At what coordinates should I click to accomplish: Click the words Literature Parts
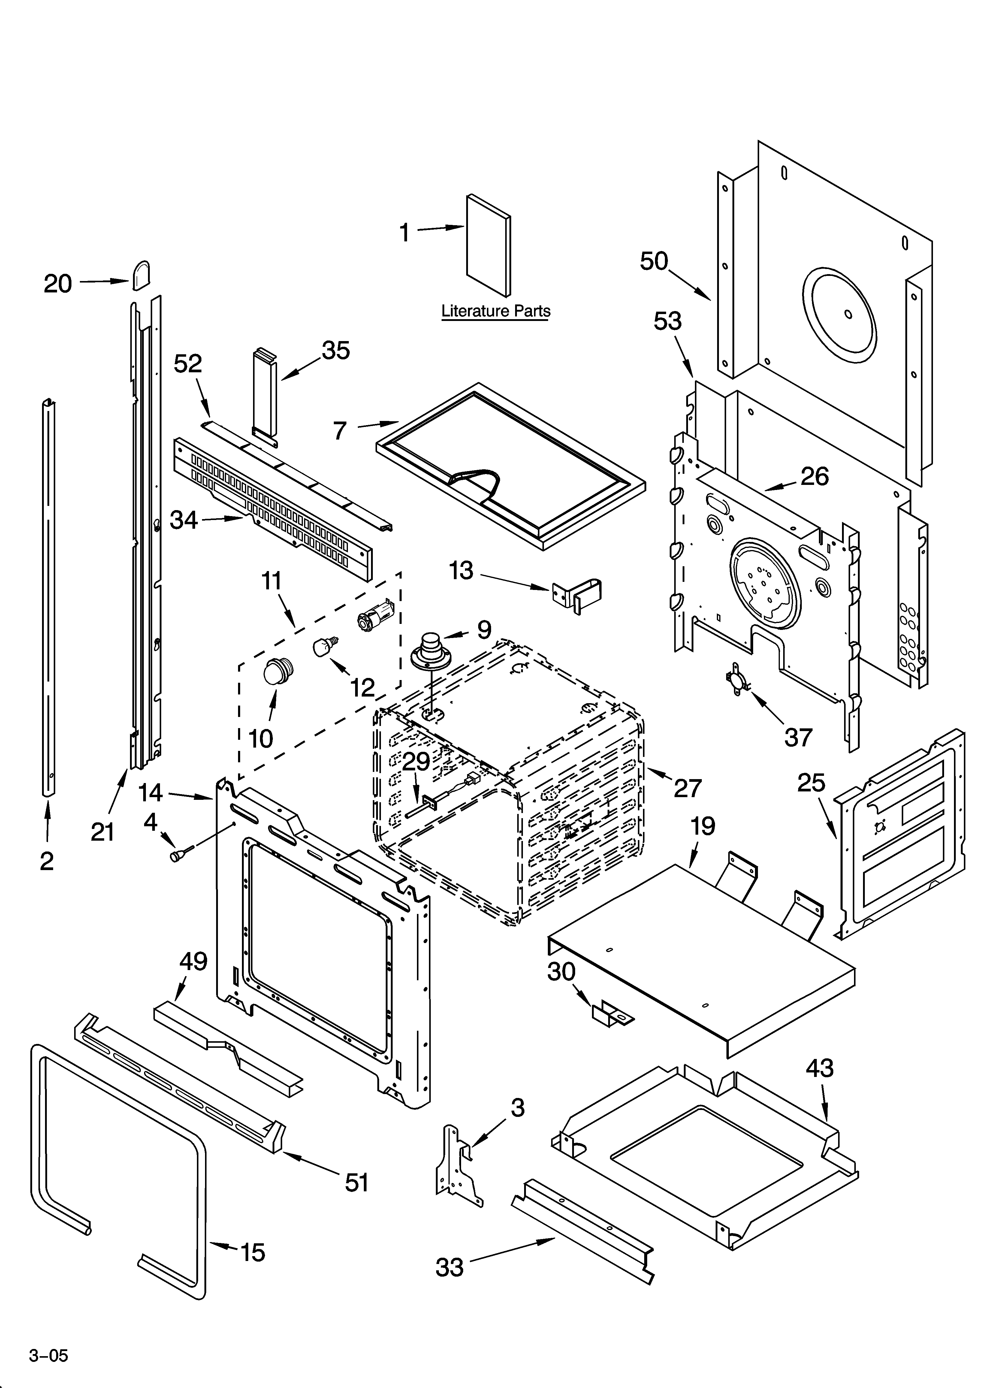coord(496,311)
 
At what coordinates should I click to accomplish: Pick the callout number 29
coord(416,762)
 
